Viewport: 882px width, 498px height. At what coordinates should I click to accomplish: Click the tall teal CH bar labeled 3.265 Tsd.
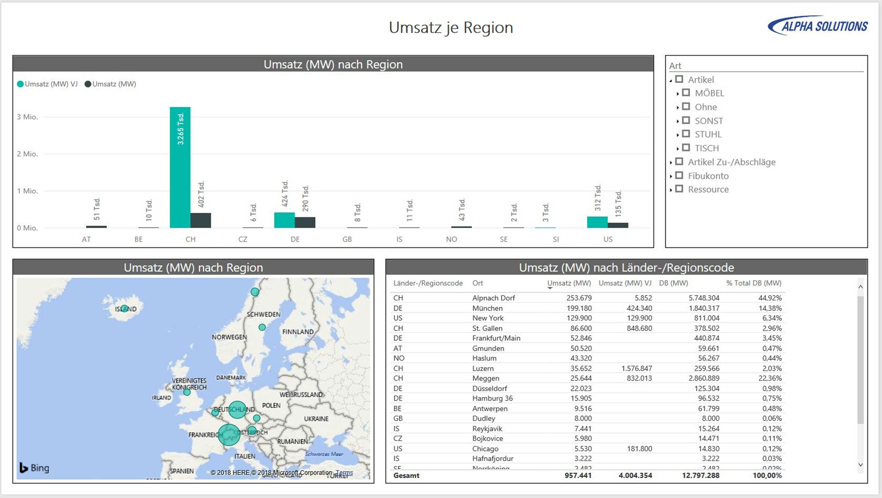tap(180, 167)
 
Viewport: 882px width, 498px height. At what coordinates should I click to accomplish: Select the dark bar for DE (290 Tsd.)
tap(305, 222)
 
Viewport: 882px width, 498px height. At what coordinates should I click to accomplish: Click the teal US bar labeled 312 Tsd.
tap(597, 222)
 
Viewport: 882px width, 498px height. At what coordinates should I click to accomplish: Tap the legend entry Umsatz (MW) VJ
tap(47, 84)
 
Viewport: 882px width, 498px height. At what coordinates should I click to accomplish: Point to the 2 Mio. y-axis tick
tap(27, 154)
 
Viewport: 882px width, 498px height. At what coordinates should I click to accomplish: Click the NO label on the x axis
tap(451, 239)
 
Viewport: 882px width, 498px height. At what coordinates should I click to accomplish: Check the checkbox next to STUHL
tap(686, 134)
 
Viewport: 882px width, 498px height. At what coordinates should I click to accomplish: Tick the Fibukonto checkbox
tap(679, 175)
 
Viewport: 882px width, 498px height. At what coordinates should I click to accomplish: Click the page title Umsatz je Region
tap(451, 28)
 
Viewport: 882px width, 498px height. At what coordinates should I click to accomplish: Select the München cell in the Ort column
tap(487, 308)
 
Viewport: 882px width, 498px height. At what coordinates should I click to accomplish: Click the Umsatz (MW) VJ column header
tap(625, 283)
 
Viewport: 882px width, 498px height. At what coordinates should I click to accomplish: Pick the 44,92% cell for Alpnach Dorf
tap(770, 298)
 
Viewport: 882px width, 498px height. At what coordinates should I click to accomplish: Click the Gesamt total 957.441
tap(578, 475)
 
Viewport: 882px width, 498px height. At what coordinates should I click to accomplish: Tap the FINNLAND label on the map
tap(298, 332)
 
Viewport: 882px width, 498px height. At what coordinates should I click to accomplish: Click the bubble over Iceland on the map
tap(125, 308)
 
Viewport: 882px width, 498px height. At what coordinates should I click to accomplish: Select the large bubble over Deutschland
tap(237, 409)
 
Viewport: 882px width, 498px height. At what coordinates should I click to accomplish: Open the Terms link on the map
tap(344, 473)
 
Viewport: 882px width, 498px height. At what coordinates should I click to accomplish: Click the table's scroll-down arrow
tap(860, 465)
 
